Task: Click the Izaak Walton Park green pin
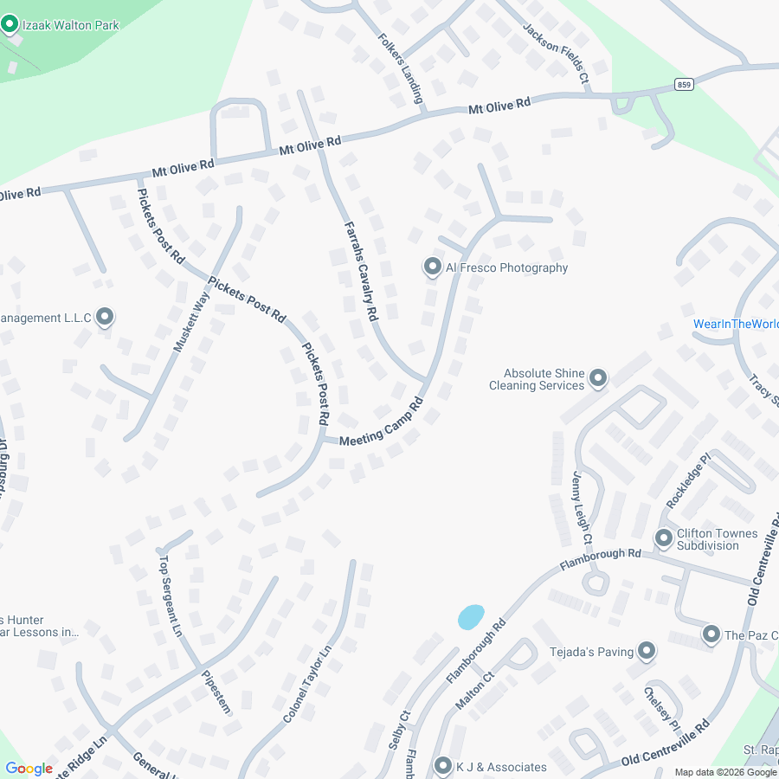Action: pyautogui.click(x=10, y=24)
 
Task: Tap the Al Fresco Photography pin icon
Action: pyautogui.click(x=432, y=267)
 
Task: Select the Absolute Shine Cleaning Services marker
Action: pyautogui.click(x=597, y=377)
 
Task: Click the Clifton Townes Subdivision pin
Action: pyautogui.click(x=664, y=538)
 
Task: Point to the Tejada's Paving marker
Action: pyautogui.click(x=647, y=651)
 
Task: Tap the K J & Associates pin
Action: pyautogui.click(x=443, y=766)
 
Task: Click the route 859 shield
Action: pyautogui.click(x=684, y=84)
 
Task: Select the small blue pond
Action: pyautogui.click(x=470, y=616)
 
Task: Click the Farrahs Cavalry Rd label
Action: pyautogui.click(x=361, y=270)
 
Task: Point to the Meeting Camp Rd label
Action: pyautogui.click(x=381, y=422)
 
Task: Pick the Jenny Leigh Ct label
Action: pyautogui.click(x=581, y=507)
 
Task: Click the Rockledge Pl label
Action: pyautogui.click(x=689, y=479)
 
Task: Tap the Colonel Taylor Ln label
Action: pyautogui.click(x=307, y=686)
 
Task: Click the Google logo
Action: pyautogui.click(x=29, y=769)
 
